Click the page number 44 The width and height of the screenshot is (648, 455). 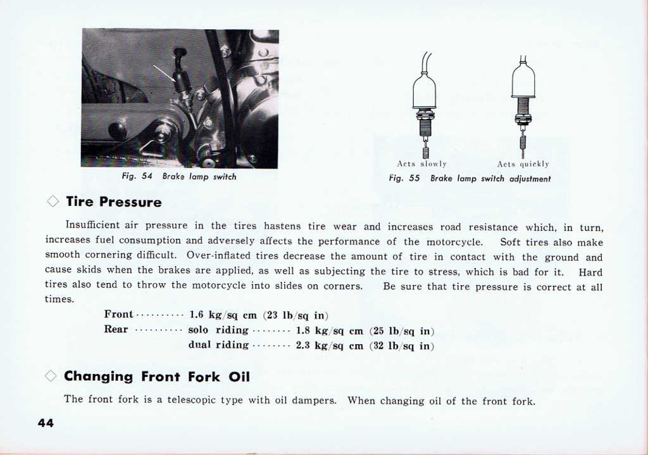[x=46, y=423]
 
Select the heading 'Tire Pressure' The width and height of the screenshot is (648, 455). [x=114, y=202]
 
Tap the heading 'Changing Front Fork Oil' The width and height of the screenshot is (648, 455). [x=157, y=377]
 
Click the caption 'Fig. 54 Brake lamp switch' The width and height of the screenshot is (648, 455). [x=179, y=177]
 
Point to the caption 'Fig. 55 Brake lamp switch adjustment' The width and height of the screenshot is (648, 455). [x=470, y=179]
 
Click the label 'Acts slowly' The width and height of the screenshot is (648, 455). [x=422, y=164]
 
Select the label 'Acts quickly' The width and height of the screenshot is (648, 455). [x=523, y=164]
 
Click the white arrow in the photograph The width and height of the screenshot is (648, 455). [x=164, y=73]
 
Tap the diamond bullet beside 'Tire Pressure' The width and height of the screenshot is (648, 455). [x=53, y=202]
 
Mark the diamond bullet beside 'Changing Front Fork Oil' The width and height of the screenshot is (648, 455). [x=51, y=376]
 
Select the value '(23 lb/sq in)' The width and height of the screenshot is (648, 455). [x=296, y=314]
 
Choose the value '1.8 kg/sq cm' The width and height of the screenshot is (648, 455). [x=330, y=330]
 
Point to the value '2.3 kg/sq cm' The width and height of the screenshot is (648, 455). [x=330, y=345]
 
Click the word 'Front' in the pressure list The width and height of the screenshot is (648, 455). [x=118, y=314]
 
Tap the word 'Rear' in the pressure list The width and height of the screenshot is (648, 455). [x=116, y=330]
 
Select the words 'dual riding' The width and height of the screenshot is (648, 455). [x=218, y=345]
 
